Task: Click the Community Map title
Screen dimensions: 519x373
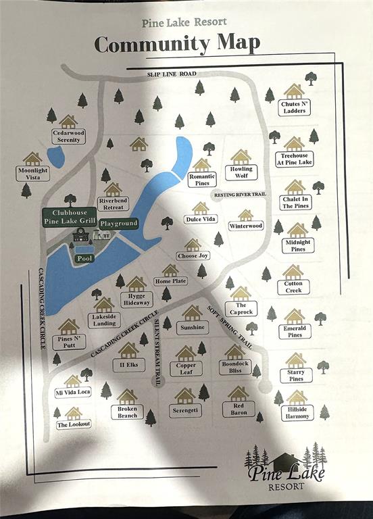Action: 177,44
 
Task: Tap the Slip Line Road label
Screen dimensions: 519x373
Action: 173,73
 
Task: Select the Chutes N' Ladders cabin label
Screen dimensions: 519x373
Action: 294,107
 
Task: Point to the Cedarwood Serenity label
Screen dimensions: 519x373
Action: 68,137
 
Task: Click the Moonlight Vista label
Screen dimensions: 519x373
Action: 32,174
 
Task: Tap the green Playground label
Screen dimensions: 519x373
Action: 119,223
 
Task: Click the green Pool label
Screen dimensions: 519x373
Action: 84,258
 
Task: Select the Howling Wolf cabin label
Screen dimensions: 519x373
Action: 241,172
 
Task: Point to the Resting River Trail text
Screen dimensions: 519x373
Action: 241,195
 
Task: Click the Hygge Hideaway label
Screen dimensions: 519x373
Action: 136,299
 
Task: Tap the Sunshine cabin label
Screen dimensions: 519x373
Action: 192,327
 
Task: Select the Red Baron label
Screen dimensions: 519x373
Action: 239,408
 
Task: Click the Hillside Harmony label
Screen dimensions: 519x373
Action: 297,412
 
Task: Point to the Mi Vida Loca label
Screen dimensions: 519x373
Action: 72,392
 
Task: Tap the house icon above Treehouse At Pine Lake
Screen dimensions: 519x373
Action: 294,144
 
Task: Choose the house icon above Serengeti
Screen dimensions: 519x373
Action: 185,395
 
